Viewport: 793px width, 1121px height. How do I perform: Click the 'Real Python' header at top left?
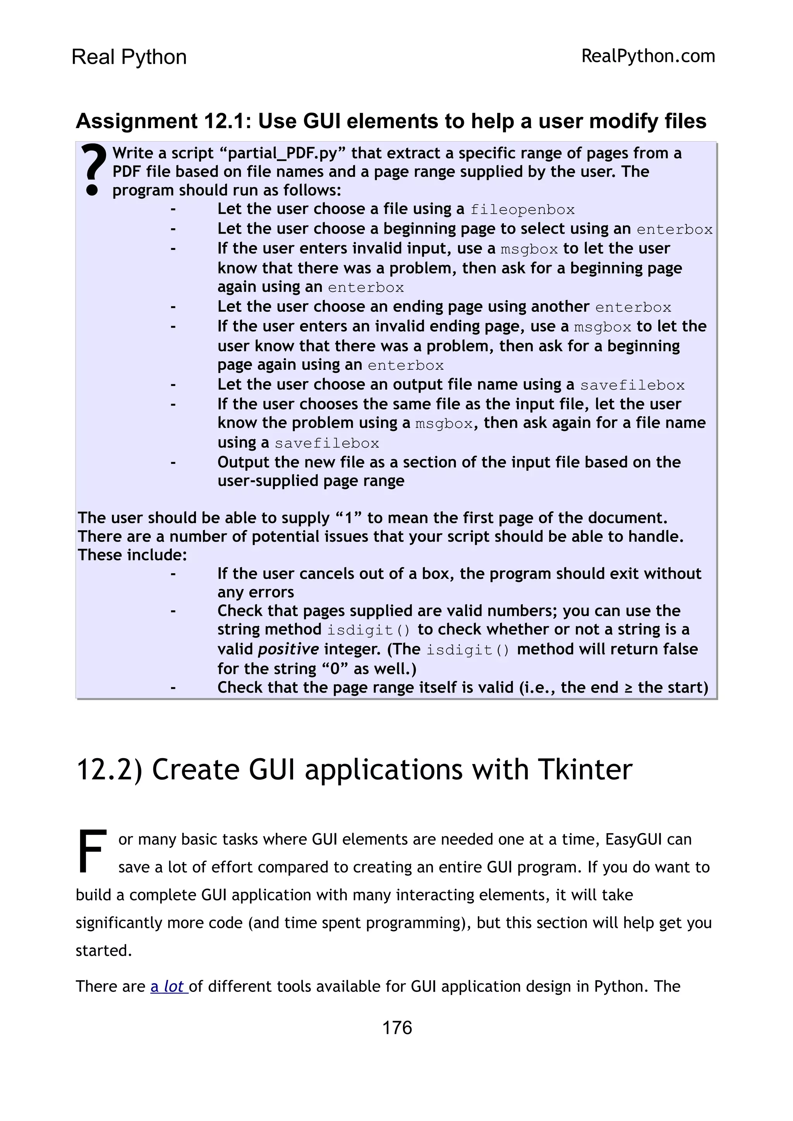coord(129,57)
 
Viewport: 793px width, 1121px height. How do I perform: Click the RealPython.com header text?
coord(648,56)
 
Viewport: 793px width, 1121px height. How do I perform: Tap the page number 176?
coord(397,1028)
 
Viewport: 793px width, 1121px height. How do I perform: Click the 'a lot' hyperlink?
coord(168,986)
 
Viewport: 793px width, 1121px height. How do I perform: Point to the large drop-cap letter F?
coord(92,851)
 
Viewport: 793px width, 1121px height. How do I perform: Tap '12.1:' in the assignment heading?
coord(227,121)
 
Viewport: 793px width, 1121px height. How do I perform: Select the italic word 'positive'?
coord(288,649)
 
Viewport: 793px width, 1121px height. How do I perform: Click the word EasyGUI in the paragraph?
coord(635,839)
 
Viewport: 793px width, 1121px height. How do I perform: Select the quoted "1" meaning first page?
coord(348,518)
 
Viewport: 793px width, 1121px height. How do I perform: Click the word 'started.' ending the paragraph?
coord(104,950)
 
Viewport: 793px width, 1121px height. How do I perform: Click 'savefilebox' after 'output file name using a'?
coord(632,386)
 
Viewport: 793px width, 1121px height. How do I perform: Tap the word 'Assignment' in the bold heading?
coord(136,121)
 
